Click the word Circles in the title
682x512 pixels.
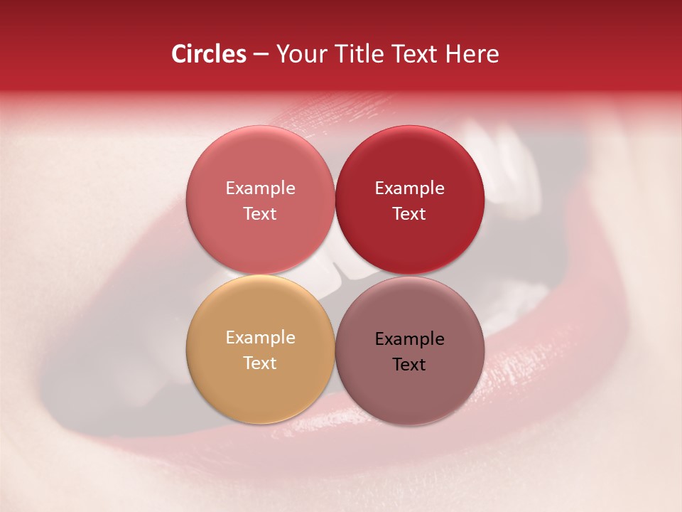tap(208, 54)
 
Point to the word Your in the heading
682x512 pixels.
tap(299, 54)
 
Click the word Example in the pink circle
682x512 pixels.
tap(260, 188)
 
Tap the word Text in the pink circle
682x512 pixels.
tap(260, 213)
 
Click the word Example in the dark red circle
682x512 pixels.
tap(409, 188)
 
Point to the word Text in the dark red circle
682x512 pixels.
tap(409, 213)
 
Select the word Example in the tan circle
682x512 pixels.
tap(260, 337)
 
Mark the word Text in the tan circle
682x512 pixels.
tap(260, 363)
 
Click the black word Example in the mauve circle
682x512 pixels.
tap(409, 338)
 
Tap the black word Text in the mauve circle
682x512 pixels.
tap(409, 364)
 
